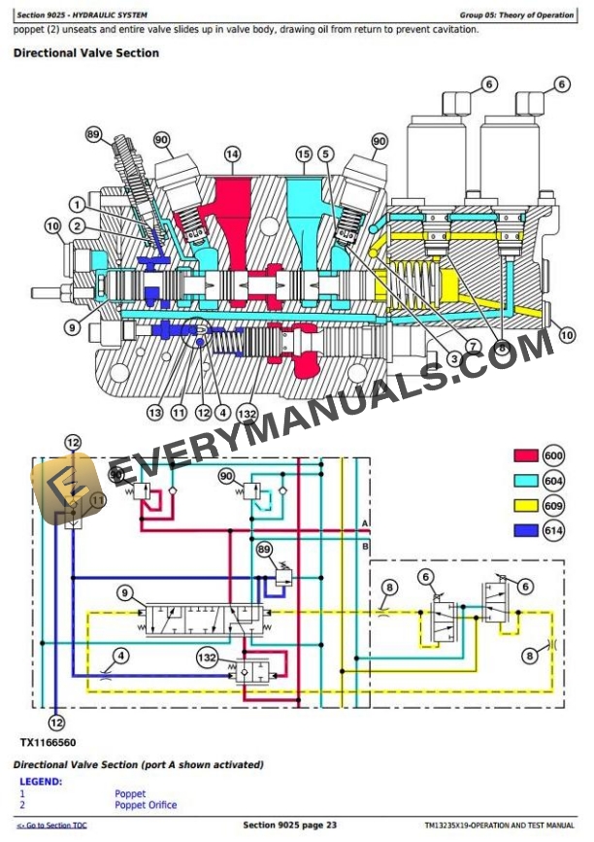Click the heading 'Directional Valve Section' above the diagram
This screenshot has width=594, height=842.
(x=85, y=52)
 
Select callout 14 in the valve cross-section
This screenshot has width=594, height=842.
(x=232, y=154)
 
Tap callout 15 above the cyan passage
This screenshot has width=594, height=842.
(x=304, y=154)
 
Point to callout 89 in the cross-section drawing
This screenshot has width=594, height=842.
(x=93, y=134)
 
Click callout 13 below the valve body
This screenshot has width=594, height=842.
(x=155, y=412)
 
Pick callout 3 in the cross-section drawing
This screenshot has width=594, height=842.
(x=453, y=358)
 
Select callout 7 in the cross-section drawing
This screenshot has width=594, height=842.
(x=473, y=346)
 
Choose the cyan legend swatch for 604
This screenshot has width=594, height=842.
(x=525, y=481)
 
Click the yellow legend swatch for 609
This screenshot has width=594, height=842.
(x=525, y=505)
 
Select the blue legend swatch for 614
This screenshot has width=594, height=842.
(x=525, y=530)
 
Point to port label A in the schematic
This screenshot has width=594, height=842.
(x=365, y=523)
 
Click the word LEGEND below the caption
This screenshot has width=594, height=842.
(x=41, y=781)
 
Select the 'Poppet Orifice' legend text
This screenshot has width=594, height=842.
(x=146, y=804)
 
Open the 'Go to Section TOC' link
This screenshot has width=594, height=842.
(x=51, y=825)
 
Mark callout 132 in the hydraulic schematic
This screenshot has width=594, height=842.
(x=207, y=658)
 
